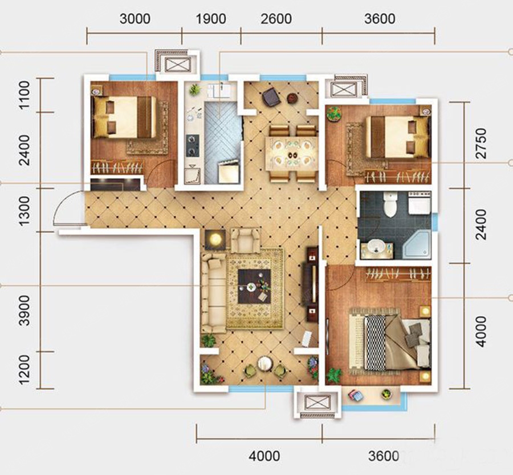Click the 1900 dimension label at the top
211,19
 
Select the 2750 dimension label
481,143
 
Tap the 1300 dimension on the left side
24,211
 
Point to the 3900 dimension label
24,310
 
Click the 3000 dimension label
135,19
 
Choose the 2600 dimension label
276,19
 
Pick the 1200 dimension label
24,369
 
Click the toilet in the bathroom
390,204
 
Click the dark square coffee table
255,286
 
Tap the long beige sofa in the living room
213,293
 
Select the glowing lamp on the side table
215,239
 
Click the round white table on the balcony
265,363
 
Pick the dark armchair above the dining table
271,97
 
